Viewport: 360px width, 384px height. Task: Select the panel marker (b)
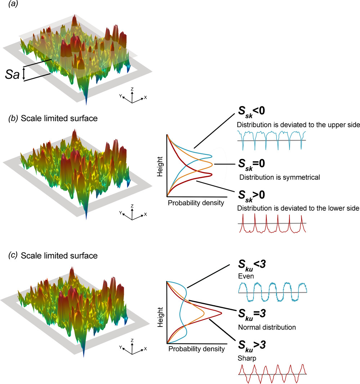tap(13, 118)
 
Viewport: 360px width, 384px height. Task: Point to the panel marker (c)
tap(13, 256)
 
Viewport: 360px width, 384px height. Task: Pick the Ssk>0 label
tap(253, 197)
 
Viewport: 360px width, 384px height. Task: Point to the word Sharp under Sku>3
tap(246, 358)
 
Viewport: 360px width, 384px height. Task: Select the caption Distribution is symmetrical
tap(279, 177)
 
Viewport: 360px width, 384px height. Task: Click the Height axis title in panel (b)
tap(161, 166)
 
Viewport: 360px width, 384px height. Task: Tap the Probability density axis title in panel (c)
tap(196, 349)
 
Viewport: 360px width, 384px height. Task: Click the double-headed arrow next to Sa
tap(24, 73)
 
